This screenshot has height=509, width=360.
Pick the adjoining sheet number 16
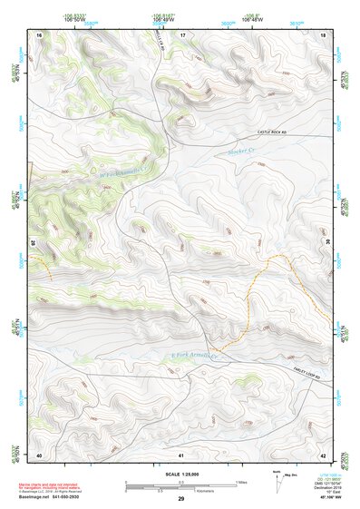pos(39,34)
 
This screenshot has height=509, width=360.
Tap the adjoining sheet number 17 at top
pos(181,34)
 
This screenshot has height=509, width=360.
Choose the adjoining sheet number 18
pos(324,34)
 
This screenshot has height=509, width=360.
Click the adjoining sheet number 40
pos(39,454)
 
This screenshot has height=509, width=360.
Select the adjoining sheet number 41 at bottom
pos(181,454)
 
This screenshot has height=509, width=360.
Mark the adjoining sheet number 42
pos(324,454)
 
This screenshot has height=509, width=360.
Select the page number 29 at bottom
pos(181,500)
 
